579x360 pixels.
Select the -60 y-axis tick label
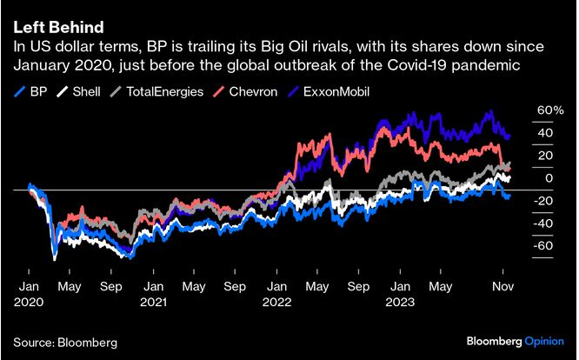click(x=542, y=246)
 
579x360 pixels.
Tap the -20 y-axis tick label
click(x=542, y=201)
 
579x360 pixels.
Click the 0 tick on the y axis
click(x=549, y=178)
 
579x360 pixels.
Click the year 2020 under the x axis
click(x=30, y=302)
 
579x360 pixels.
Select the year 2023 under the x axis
click(x=402, y=302)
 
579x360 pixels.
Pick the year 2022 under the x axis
click(x=277, y=302)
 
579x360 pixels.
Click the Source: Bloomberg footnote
click(x=65, y=341)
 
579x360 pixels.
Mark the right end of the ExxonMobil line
click(x=509, y=137)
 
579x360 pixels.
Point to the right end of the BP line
click(x=509, y=197)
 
